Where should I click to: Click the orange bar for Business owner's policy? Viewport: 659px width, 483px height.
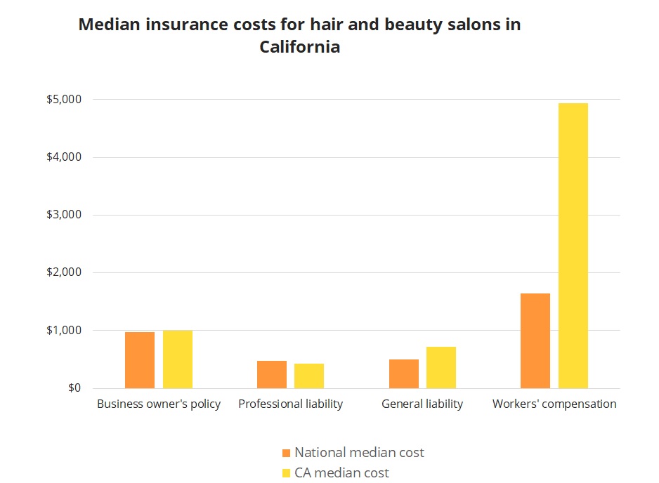[x=140, y=359]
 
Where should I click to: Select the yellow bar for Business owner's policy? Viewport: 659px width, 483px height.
[x=178, y=359]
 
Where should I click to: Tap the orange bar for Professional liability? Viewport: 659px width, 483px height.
[x=272, y=374]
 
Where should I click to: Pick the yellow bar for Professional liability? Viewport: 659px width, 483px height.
[x=309, y=376]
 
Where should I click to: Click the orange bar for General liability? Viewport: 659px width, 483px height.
[x=404, y=373]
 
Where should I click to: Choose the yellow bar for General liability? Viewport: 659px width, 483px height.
[x=441, y=367]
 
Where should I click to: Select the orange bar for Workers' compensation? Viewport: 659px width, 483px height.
[x=535, y=340]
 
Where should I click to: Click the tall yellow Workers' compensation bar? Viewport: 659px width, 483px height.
[x=573, y=246]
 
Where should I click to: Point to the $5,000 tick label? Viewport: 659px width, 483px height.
[x=64, y=100]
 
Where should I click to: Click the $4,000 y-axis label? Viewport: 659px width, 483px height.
[x=64, y=157]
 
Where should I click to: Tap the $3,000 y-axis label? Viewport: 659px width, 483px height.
[x=64, y=215]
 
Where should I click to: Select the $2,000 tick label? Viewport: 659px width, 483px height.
[x=64, y=272]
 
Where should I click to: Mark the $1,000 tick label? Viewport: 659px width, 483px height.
[x=64, y=330]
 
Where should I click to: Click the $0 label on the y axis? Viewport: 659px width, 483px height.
[x=74, y=388]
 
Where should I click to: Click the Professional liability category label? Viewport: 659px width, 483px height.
[x=291, y=404]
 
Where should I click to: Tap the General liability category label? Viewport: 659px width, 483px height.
[x=422, y=404]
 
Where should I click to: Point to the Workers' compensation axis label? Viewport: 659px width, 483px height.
[x=554, y=404]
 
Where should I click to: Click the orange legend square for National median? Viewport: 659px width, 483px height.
[x=285, y=453]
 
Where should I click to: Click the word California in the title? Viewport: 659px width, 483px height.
[x=299, y=48]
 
